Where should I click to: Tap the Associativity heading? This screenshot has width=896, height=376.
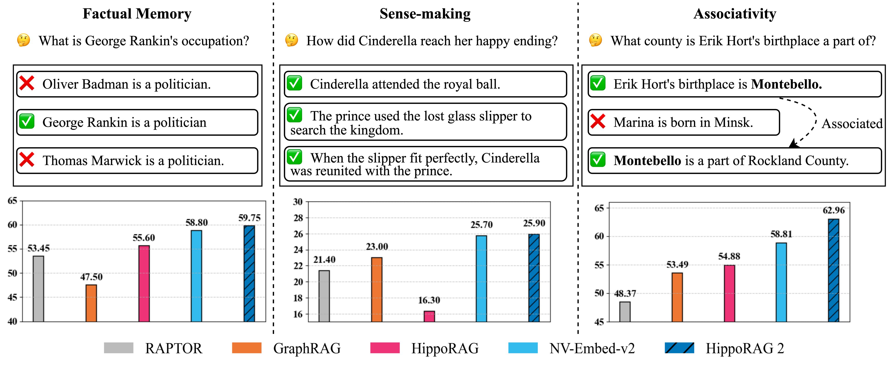tap(735, 14)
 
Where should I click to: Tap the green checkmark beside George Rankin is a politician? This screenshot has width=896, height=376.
tap(27, 122)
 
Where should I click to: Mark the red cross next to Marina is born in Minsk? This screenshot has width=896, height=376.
tap(598, 122)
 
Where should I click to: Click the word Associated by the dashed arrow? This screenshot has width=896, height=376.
tap(852, 124)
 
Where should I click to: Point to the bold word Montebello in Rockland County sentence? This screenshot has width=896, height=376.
tap(647, 161)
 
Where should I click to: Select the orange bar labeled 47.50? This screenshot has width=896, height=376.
tap(91, 303)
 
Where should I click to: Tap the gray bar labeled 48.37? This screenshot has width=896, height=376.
tap(625, 312)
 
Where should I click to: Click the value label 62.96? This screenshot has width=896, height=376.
tap(833, 210)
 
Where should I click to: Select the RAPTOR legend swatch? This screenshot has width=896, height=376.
tap(119, 348)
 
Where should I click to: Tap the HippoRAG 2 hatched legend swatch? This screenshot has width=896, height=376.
tap(679, 348)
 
